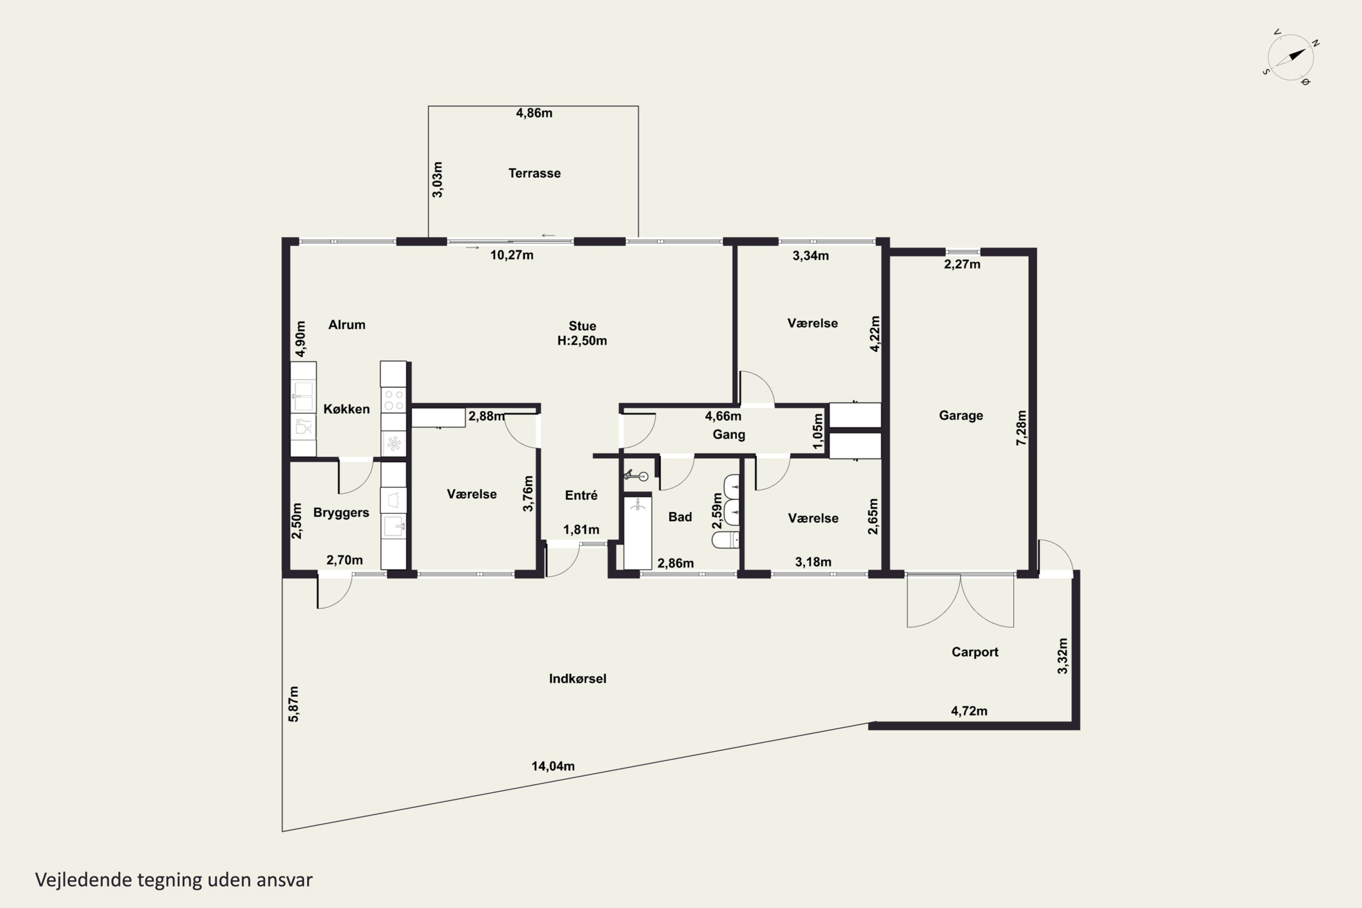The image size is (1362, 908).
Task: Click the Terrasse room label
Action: (534, 173)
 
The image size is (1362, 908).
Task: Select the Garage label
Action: (961, 416)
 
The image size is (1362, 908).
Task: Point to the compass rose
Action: (1291, 57)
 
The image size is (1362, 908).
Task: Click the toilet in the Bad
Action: (725, 540)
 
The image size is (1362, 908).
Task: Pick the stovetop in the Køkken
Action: (394, 400)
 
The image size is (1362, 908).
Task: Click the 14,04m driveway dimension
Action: (553, 766)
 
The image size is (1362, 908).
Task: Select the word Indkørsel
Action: (577, 679)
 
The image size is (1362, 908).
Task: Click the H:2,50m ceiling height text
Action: (582, 341)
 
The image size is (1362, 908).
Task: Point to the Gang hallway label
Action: (729, 435)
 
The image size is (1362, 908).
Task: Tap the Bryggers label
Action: (341, 513)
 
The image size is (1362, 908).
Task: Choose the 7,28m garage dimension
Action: (1021, 428)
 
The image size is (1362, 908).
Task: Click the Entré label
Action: (581, 495)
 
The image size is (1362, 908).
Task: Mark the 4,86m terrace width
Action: (534, 113)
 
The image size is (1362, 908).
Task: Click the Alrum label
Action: (347, 325)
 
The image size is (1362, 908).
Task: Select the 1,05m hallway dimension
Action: (818, 431)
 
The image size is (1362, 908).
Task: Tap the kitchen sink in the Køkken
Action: (303, 396)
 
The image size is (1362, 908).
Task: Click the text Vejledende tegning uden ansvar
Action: (174, 880)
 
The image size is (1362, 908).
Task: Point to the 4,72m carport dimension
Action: (969, 711)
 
